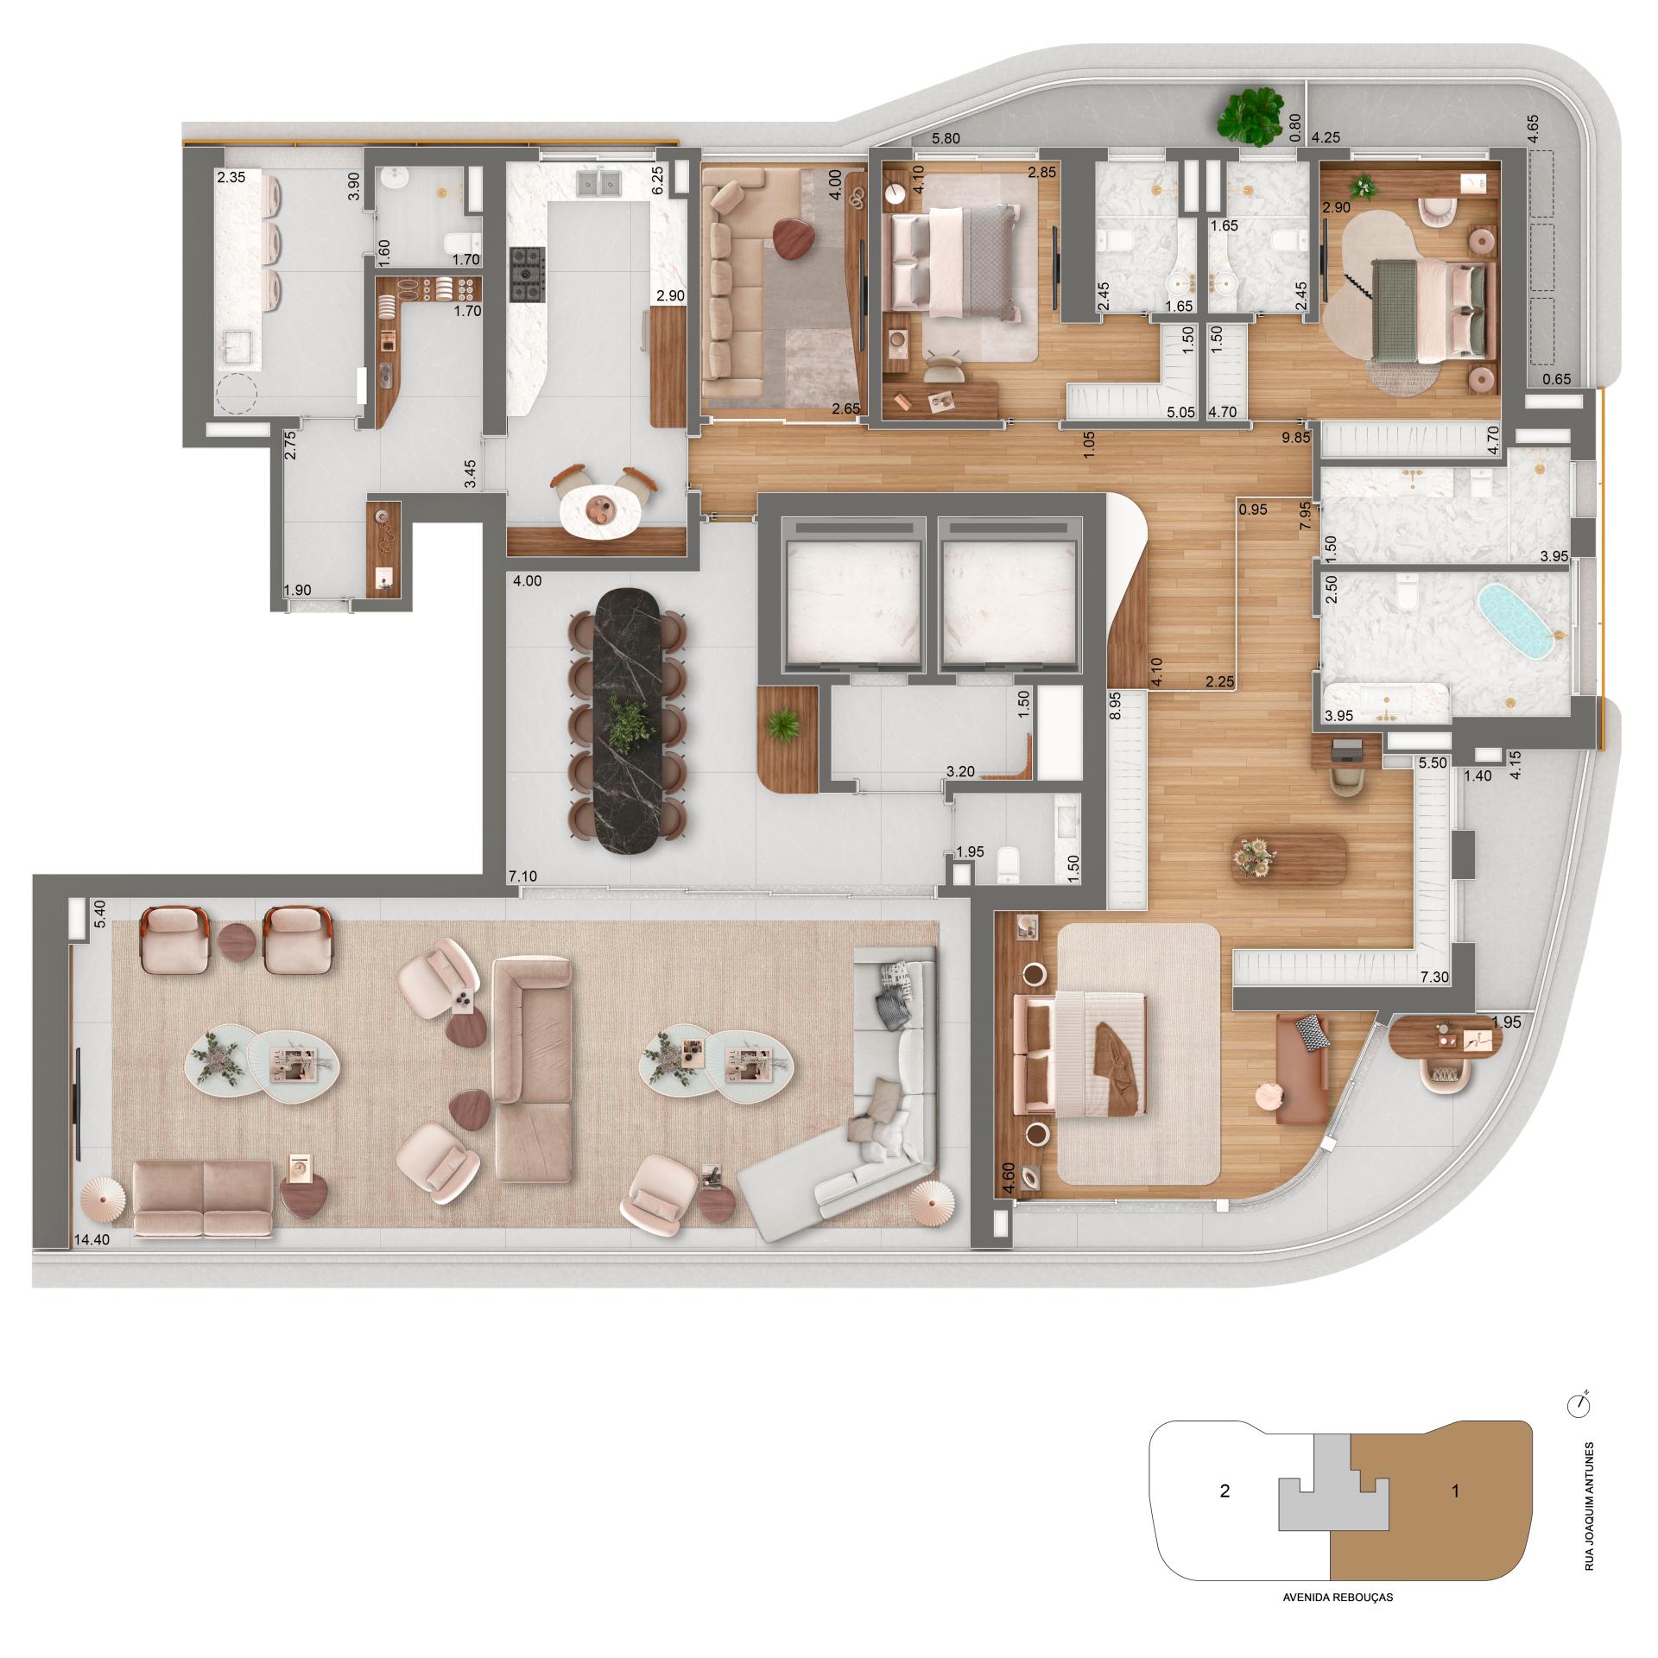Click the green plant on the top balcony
tap(1249, 116)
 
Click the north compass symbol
tap(1578, 1404)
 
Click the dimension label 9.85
tap(1295, 438)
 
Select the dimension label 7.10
tap(524, 876)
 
